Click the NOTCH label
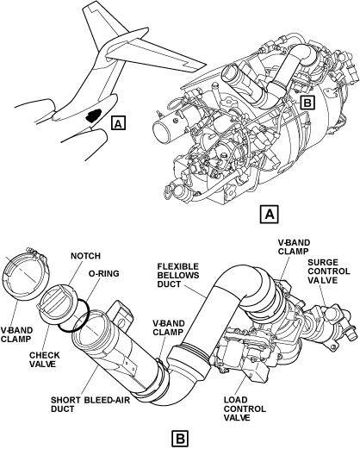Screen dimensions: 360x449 click(85, 256)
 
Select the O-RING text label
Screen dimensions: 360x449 click(103, 273)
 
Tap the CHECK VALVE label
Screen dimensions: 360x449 click(45, 359)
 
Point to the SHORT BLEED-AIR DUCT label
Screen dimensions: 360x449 click(90, 404)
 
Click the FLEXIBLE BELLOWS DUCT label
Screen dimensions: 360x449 click(178, 275)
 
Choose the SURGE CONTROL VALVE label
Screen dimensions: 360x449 click(329, 271)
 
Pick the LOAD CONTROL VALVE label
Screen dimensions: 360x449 click(245, 408)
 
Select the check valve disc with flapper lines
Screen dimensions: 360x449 click(58, 299)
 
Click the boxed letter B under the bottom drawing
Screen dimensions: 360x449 click(180, 439)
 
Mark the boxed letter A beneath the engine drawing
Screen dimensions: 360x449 click(270, 214)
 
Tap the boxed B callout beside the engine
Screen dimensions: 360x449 click(307, 103)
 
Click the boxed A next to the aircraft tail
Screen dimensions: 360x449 click(118, 123)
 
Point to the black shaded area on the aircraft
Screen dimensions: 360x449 click(94, 115)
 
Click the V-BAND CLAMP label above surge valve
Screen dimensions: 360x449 click(294, 246)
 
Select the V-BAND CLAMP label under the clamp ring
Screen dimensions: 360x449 click(16, 334)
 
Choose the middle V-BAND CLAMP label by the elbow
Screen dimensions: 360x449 click(168, 327)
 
